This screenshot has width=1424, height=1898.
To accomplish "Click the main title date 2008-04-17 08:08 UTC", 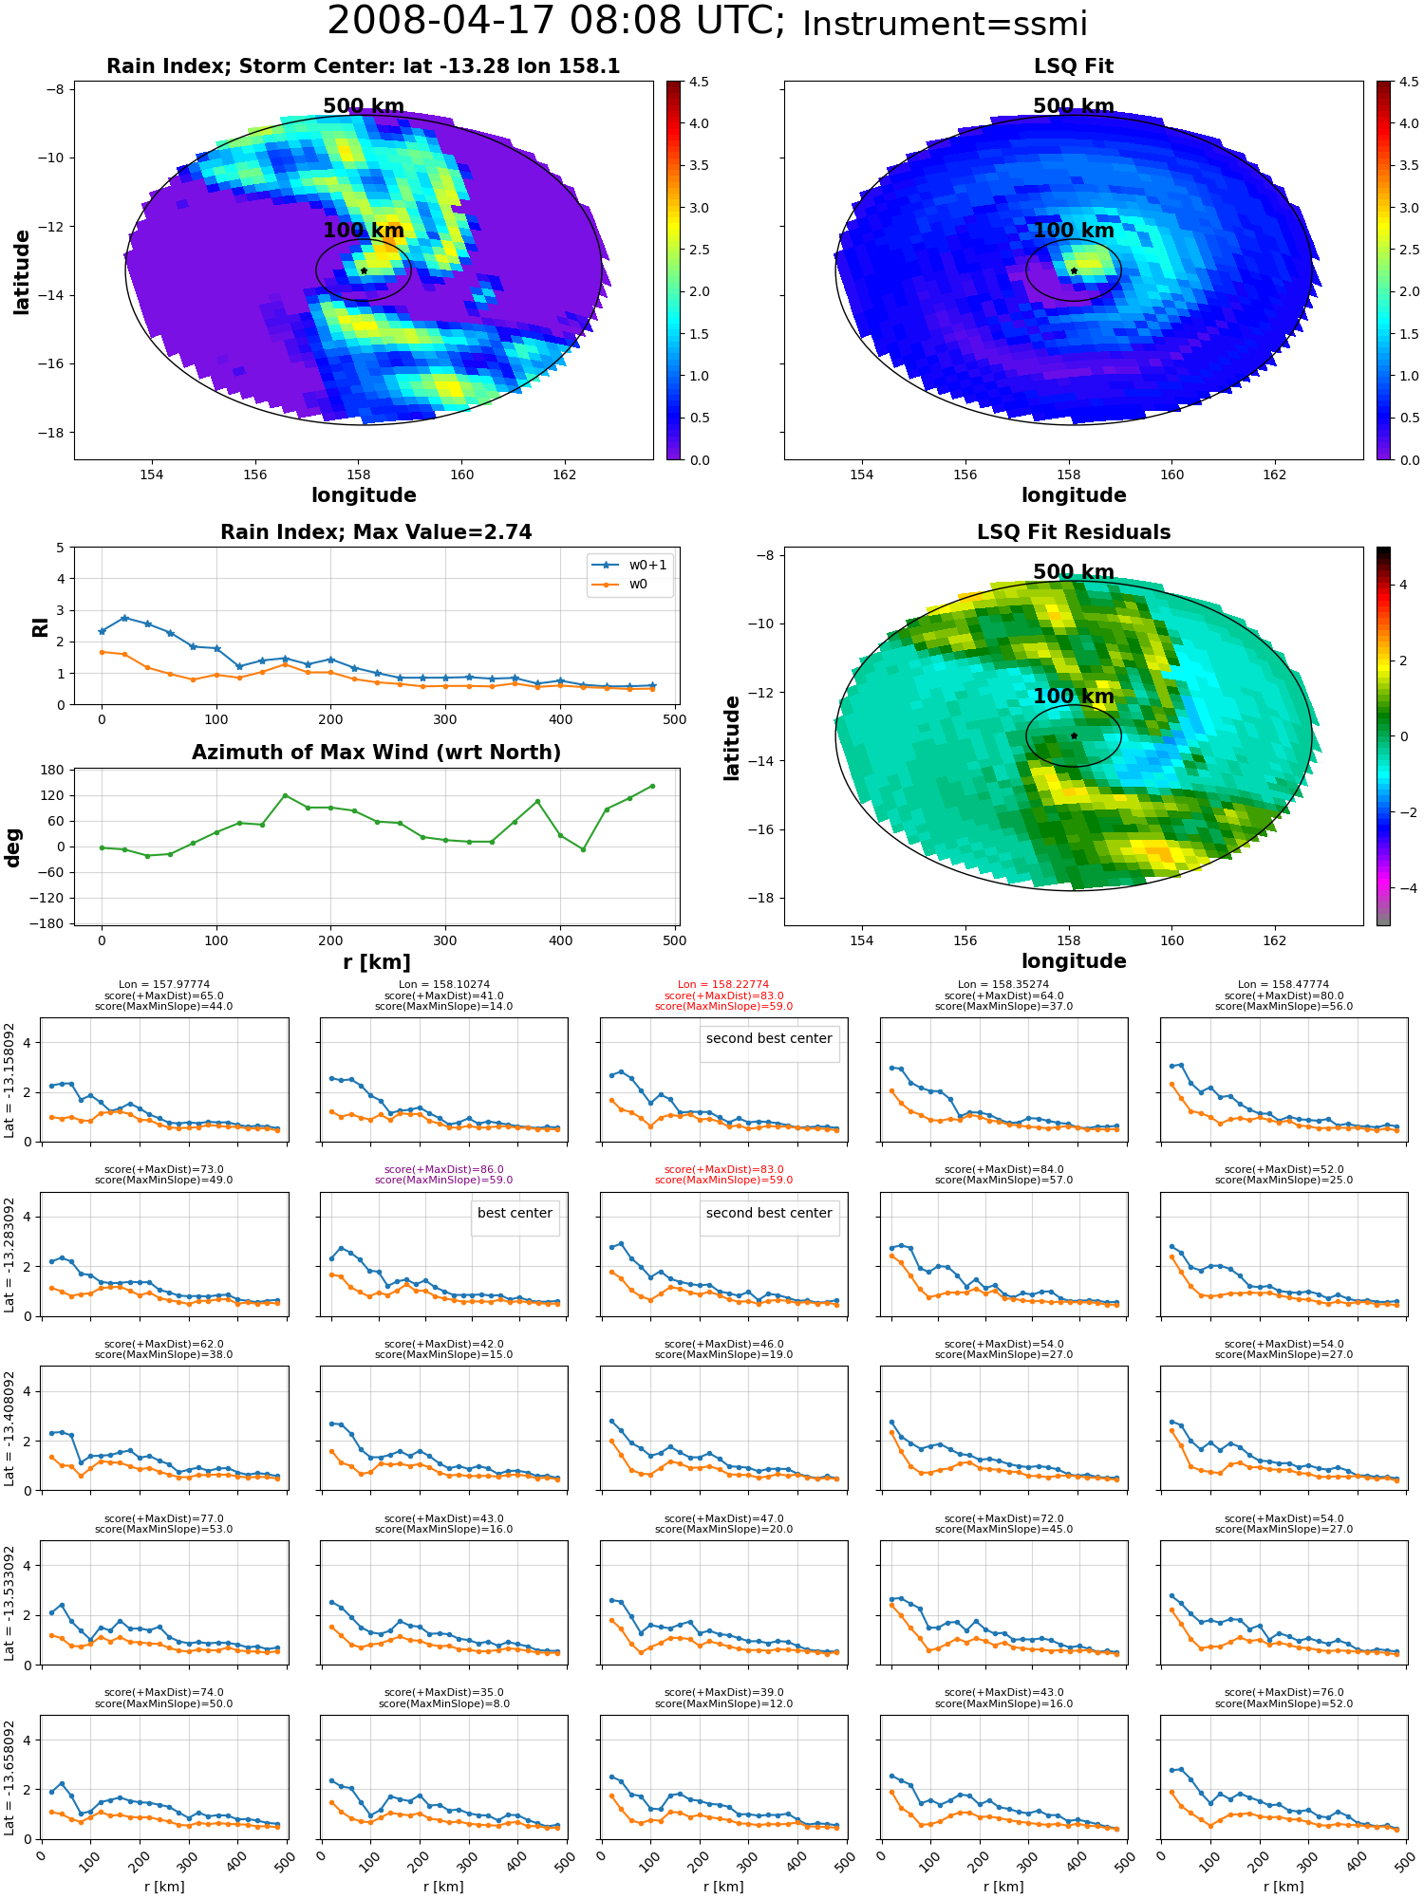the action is tap(556, 22).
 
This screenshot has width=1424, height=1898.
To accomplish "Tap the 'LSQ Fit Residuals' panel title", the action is tap(1074, 532).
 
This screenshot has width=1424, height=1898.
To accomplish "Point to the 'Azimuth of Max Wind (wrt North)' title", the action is tap(376, 753).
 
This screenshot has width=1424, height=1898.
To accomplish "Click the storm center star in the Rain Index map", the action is tap(364, 270).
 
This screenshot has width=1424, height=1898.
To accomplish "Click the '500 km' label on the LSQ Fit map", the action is tap(1074, 106).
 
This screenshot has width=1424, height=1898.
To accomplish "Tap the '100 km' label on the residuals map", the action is tap(1074, 696).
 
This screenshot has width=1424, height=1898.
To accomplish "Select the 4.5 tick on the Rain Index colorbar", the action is tap(699, 82).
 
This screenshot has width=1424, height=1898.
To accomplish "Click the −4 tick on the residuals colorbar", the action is tap(1403, 888).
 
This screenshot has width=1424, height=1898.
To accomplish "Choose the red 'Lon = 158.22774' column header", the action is tap(723, 985).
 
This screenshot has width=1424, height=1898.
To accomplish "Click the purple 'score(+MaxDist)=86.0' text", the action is tap(443, 1170).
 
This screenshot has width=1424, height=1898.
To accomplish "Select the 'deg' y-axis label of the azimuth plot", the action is tap(13, 847).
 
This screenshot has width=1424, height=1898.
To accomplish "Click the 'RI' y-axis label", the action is tap(40, 627).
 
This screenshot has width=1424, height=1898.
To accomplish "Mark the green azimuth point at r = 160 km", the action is tap(285, 795).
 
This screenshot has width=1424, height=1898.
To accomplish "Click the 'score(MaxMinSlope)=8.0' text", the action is tap(443, 1703).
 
